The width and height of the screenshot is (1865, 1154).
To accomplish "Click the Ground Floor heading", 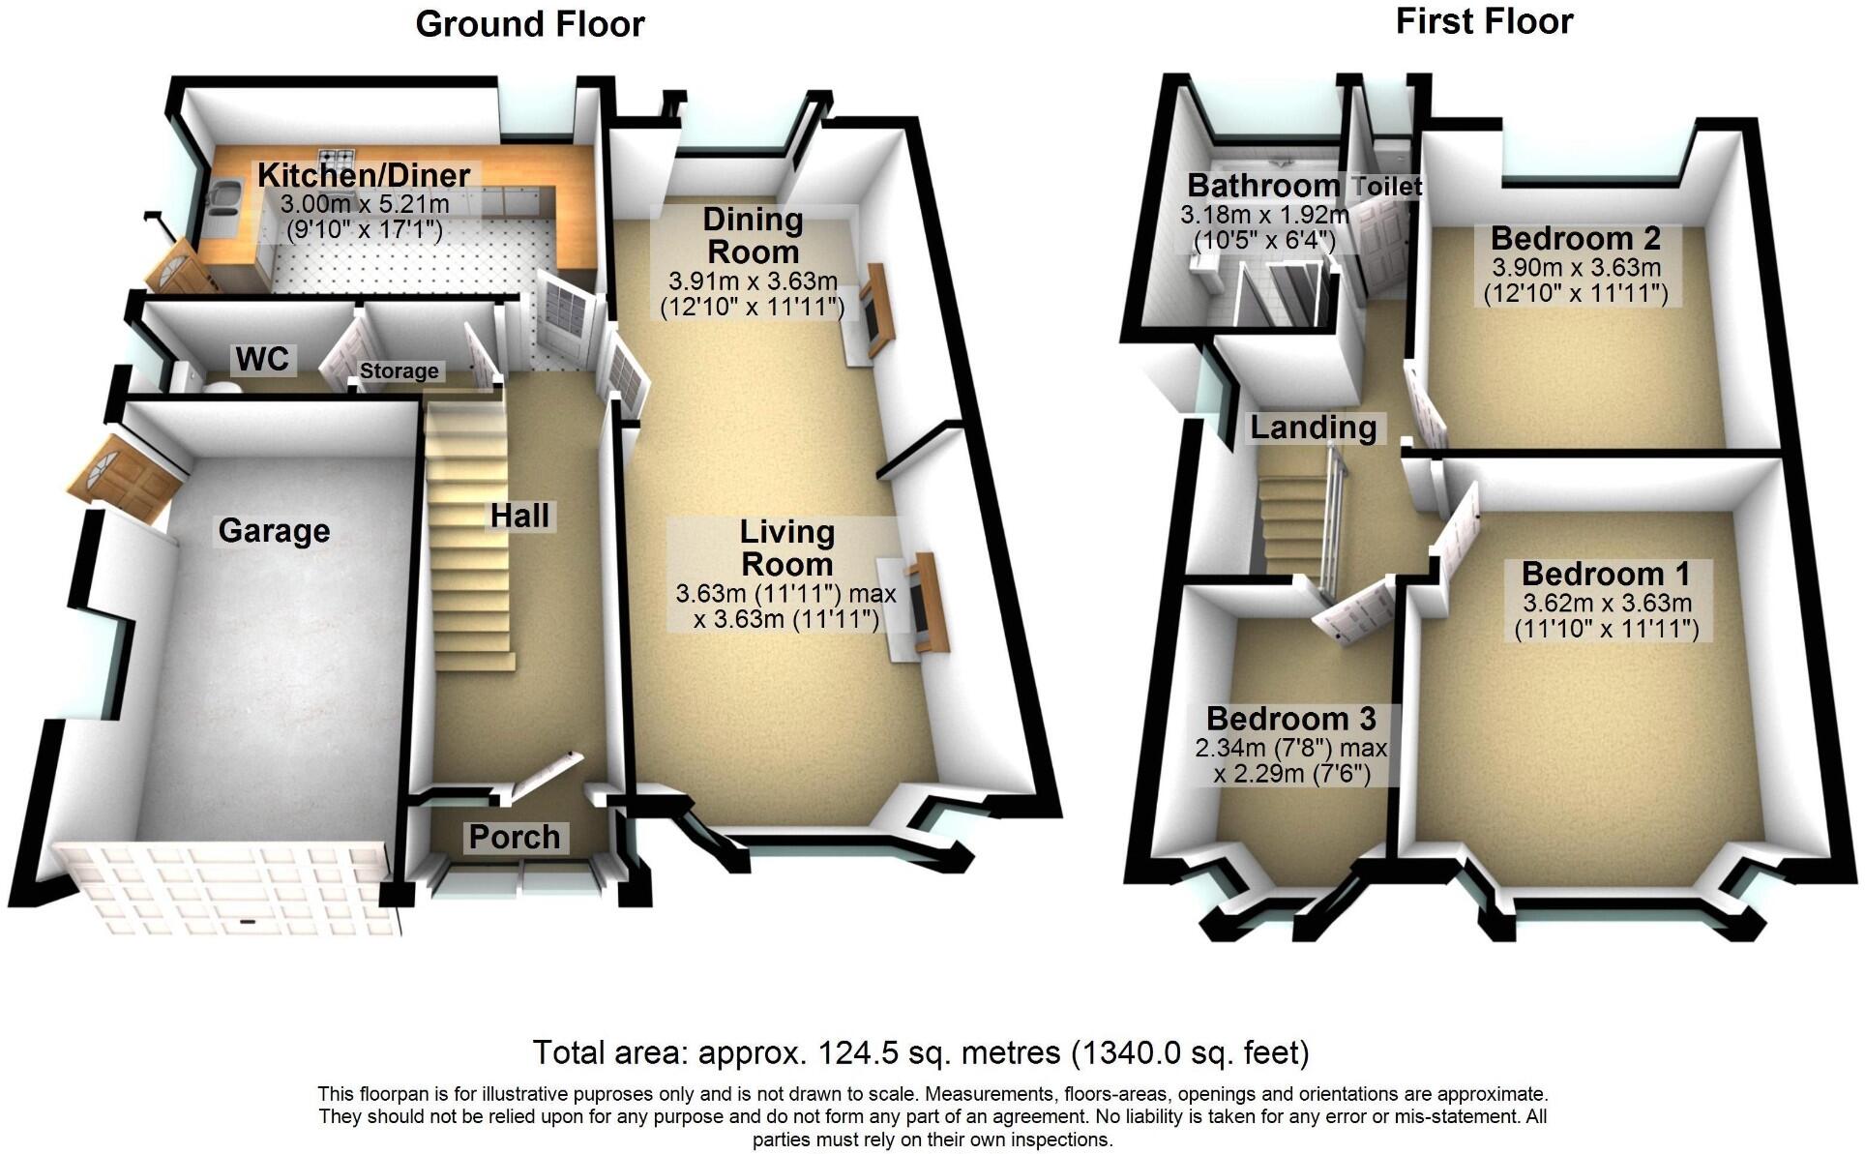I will click(x=529, y=24).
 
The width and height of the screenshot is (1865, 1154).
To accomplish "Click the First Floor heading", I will click(x=1484, y=21).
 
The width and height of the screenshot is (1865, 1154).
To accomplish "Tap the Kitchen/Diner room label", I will click(x=364, y=175).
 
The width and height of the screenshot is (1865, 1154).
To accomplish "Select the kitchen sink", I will click(x=224, y=197).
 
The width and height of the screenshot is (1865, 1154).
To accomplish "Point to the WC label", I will click(x=262, y=360).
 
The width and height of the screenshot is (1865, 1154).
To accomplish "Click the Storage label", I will click(x=399, y=371).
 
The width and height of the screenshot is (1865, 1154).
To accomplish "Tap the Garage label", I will click(x=274, y=531).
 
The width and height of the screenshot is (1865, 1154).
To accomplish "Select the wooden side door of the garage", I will click(x=124, y=479).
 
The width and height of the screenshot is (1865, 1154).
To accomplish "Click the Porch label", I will click(x=515, y=837).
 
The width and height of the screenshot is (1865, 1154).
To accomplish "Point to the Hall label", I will click(x=519, y=517).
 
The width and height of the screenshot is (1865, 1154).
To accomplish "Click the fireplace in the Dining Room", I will click(x=877, y=310).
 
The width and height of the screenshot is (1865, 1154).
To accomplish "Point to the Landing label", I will click(x=1313, y=428).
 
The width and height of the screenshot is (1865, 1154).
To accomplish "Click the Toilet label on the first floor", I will click(x=1388, y=187).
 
